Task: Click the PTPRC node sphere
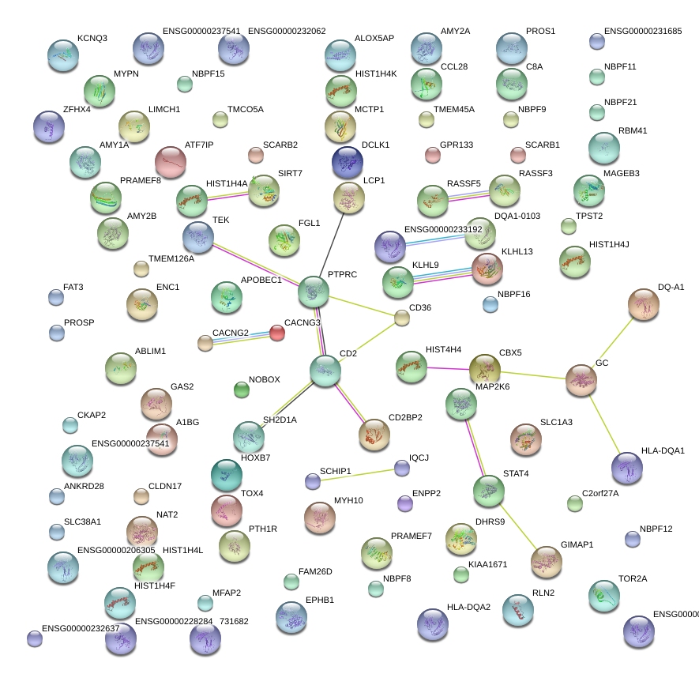point(313,292)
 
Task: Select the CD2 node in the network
point(325,371)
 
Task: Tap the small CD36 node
point(402,318)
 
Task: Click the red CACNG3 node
point(277,333)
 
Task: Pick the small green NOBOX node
point(242,390)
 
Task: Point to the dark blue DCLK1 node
point(348,162)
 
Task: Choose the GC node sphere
point(581,381)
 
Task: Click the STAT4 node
point(488,491)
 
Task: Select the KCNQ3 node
point(62,55)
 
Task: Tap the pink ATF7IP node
point(170,162)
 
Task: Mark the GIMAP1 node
point(546,562)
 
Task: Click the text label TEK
point(221,219)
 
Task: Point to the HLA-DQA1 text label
point(663,450)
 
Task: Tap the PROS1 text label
point(540,32)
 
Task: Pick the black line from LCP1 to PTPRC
point(331,245)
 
